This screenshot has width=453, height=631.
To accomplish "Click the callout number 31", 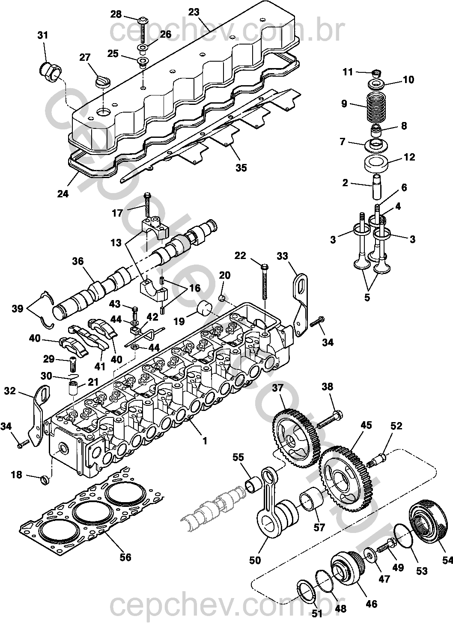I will coord(43,35).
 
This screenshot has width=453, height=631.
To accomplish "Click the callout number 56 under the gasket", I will coord(125,557).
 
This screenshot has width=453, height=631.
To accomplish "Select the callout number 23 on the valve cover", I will coord(194,12).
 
